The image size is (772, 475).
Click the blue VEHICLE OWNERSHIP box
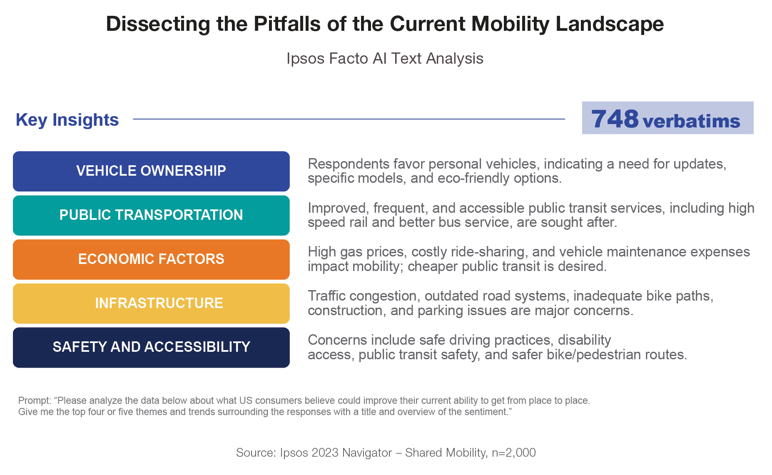tap(151, 171)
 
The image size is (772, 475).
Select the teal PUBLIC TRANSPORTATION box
tap(151, 215)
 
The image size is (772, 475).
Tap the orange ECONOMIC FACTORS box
tap(151, 259)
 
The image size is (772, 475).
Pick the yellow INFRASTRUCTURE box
tap(151, 303)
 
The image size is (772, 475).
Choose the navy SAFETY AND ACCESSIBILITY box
tap(151, 348)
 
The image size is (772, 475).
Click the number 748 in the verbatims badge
tap(615, 119)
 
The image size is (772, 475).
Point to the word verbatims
tap(692, 121)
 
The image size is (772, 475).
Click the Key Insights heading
tap(67, 120)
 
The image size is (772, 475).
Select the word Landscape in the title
tap(610, 24)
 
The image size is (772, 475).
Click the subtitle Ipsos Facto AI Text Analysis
tap(385, 59)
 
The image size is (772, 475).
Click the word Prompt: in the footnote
tap(35, 401)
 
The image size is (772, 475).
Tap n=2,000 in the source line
tap(514, 453)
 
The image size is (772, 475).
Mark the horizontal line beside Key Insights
tap(349, 119)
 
